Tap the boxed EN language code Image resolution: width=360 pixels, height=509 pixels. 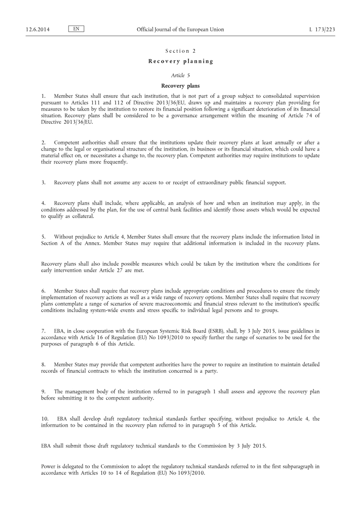tap(76, 29)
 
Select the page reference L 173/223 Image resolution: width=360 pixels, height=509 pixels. tap(322, 29)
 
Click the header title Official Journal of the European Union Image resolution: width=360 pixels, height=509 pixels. tap(180, 29)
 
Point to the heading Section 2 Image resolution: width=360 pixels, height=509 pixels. tap(180, 51)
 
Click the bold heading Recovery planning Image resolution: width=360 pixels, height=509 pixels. tap(180, 61)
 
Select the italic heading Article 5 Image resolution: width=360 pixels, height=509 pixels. tap(180, 75)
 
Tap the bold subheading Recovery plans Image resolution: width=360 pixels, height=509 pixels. tap(180, 86)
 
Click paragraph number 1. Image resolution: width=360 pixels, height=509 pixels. tap(43, 96)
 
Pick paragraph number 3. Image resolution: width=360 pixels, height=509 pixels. tap(43, 183)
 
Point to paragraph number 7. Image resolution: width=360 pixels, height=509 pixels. tap(43, 331)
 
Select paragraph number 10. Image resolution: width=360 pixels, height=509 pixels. tap(45, 419)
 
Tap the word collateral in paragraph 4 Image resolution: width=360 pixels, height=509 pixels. tap(81, 216)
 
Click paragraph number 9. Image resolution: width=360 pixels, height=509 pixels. tap(43, 391)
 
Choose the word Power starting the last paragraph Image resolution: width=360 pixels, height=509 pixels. tap(48, 466)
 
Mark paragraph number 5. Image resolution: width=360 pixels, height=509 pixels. tap(43, 237)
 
